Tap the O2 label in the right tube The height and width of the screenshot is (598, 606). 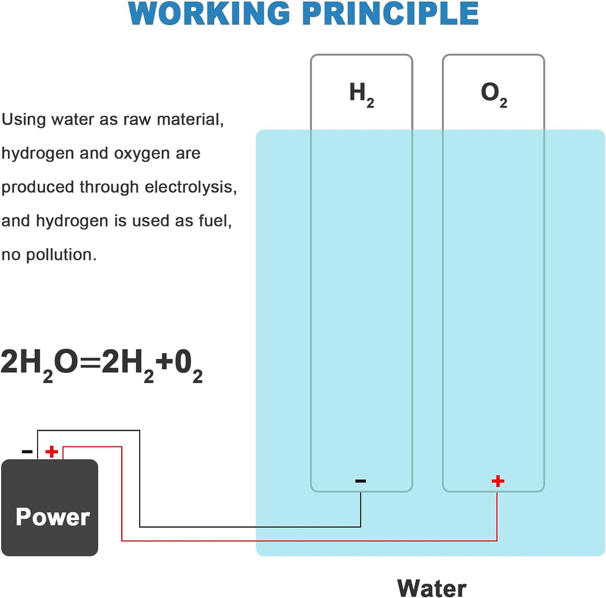[x=494, y=94]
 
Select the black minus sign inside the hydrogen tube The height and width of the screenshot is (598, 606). [x=361, y=481]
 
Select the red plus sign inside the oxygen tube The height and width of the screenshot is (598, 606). [x=498, y=481]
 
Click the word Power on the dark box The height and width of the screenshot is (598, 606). [x=53, y=517]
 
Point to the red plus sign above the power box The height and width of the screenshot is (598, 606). [x=52, y=451]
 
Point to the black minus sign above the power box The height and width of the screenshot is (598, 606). [x=27, y=451]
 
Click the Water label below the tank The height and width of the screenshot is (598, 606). [x=431, y=588]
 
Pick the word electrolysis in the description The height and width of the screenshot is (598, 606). [x=191, y=187]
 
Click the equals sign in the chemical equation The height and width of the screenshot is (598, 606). [x=85, y=363]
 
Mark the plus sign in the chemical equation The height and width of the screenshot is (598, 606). [x=164, y=363]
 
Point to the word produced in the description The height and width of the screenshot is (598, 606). [x=38, y=188]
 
